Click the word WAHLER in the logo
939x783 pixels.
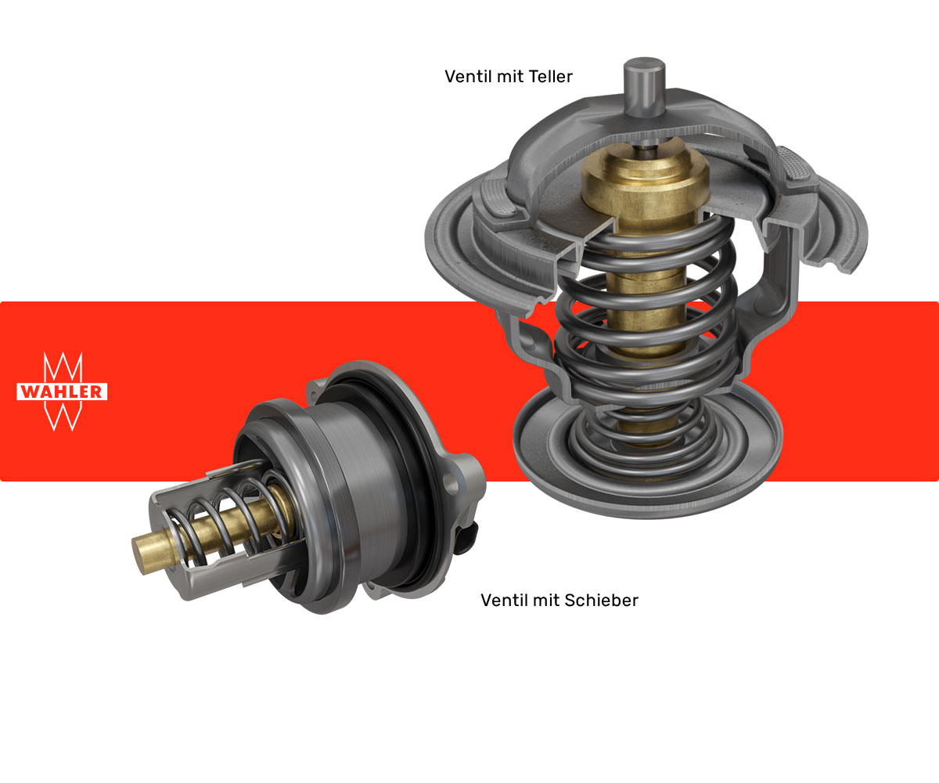pyautogui.click(x=62, y=391)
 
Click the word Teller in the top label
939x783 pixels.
pyautogui.click(x=550, y=77)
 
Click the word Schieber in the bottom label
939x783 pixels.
pyautogui.click(x=602, y=601)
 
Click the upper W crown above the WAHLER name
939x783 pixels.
pyautogui.click(x=63, y=366)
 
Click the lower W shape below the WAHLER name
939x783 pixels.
pyautogui.click(x=63, y=416)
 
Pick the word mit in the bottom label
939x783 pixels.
pyautogui.click(x=545, y=601)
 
